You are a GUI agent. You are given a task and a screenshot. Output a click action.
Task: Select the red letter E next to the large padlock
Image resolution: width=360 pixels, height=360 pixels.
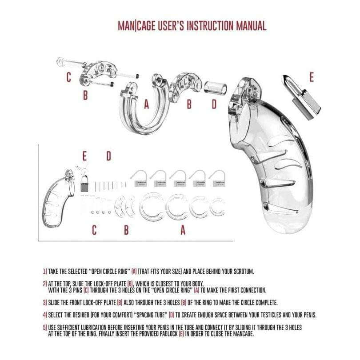tap(311, 77)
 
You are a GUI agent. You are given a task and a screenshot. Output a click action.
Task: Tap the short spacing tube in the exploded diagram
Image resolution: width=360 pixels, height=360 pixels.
tap(215, 87)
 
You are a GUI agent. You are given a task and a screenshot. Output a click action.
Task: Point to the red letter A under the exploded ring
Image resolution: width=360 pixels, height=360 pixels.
tap(147, 104)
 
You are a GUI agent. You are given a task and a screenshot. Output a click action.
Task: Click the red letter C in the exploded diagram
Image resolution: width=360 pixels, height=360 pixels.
tap(68, 77)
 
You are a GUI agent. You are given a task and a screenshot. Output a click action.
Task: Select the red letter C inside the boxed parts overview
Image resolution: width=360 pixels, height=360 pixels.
tap(94, 230)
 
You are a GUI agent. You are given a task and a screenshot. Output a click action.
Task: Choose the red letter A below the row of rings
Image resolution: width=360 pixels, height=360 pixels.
tap(183, 230)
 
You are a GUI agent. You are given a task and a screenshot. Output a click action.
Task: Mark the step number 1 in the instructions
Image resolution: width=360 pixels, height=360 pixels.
tap(45, 271)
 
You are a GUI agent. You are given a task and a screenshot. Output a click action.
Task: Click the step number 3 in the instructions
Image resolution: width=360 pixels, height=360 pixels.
tap(45, 303)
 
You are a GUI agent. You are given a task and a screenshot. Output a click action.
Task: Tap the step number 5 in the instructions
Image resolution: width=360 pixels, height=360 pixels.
tap(45, 328)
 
